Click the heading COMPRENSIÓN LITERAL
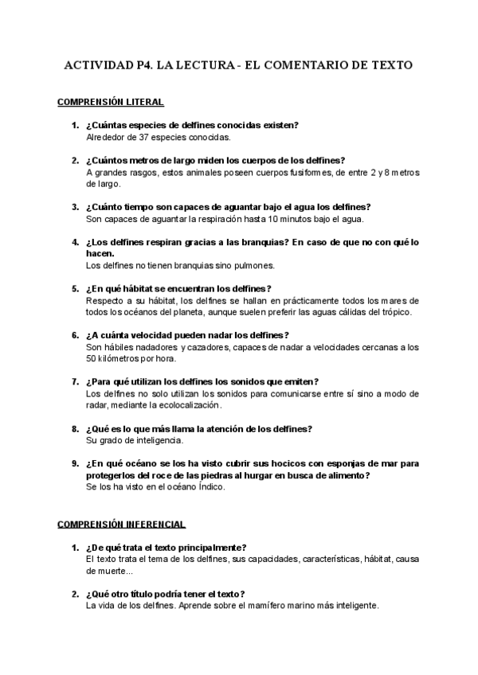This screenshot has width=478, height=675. pyautogui.click(x=111, y=103)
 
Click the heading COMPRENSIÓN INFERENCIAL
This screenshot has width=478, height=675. pyautogui.click(x=122, y=525)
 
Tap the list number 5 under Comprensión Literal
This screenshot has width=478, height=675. pyautogui.click(x=75, y=288)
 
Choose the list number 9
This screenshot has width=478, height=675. pyautogui.click(x=75, y=463)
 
